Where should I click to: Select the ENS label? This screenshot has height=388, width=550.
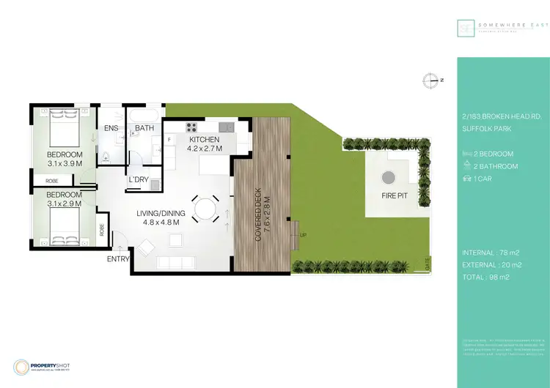[111, 129]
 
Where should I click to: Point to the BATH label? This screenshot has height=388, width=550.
[143, 130]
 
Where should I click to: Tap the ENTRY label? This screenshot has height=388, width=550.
[118, 259]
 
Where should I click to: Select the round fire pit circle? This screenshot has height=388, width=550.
[387, 177]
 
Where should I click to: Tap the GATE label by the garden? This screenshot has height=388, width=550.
[428, 261]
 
